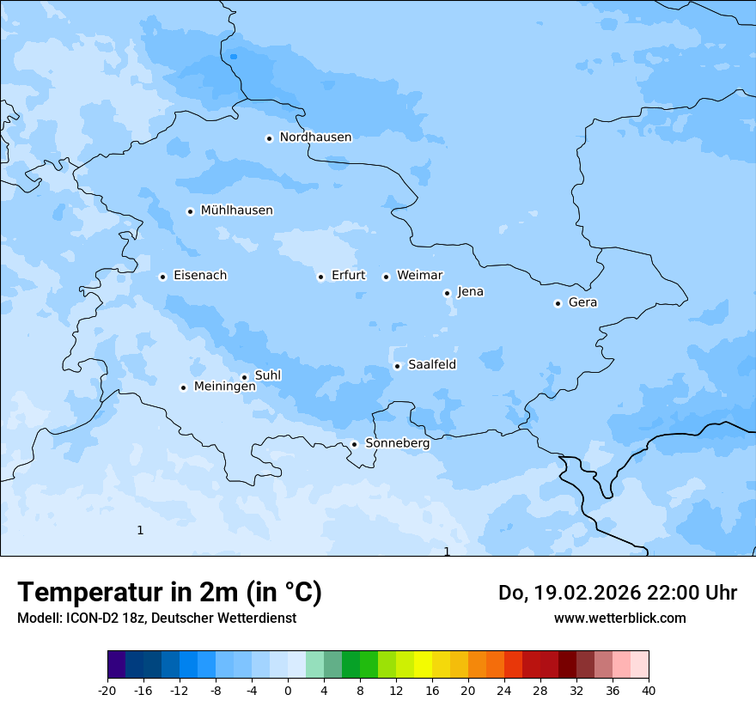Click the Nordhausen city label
315,137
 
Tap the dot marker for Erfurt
320,277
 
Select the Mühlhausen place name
236,210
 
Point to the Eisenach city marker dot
162,277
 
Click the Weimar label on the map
419,276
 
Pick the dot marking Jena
447,293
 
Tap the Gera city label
582,302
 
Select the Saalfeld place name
432,365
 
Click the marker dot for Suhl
244,377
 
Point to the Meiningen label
224,387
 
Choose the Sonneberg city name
397,443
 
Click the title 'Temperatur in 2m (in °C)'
169,592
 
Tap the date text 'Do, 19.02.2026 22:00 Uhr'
617,593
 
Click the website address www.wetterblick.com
619,618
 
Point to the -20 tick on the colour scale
107,690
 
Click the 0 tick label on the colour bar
288,690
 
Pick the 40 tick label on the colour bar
648,690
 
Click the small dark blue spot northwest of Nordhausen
234,57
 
